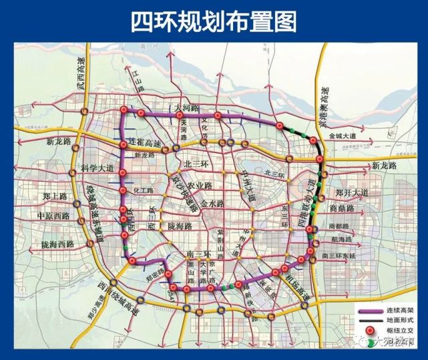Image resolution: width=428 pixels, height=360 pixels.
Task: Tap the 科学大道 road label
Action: click(x=97, y=168)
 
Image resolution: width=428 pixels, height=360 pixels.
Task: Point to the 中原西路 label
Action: click(x=53, y=216)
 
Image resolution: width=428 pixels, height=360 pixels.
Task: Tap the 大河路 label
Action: click(x=186, y=108)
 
